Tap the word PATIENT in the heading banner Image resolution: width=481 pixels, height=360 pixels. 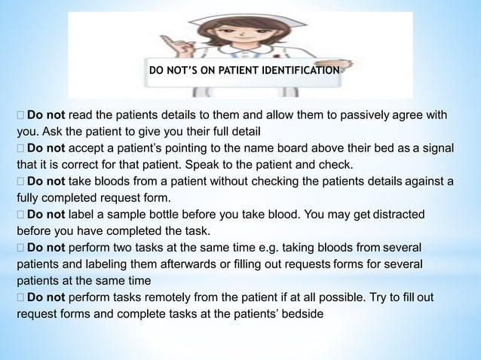click(x=237, y=72)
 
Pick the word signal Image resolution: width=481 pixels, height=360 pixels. click(x=435, y=148)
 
